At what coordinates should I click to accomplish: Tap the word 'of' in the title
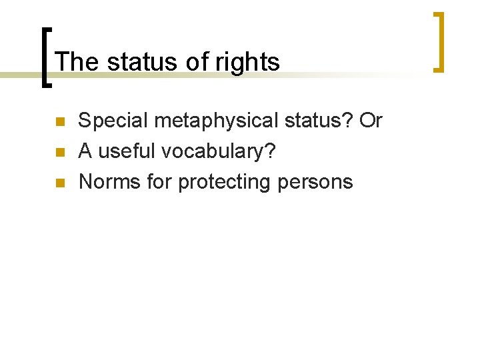click(x=197, y=62)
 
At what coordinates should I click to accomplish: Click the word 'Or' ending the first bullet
click(x=370, y=121)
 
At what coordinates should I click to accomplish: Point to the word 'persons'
click(x=317, y=181)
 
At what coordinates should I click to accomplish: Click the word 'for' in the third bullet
click(x=159, y=181)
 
